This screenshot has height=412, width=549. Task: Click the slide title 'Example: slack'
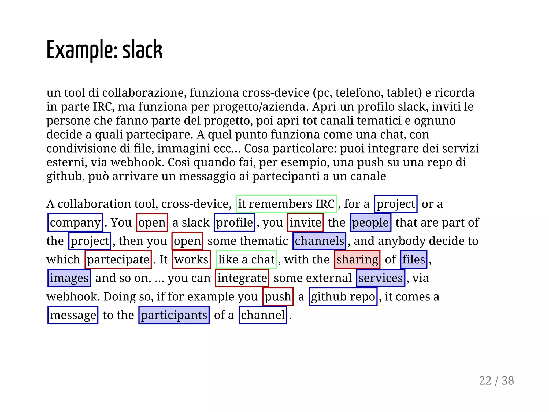click(104, 50)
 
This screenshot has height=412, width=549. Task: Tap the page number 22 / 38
click(496, 381)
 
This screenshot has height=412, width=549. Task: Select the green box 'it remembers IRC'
click(286, 204)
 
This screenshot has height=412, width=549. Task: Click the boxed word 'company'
click(75, 222)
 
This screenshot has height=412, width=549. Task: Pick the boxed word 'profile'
click(234, 222)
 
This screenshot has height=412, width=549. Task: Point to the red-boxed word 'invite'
click(305, 222)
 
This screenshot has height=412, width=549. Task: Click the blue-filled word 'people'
click(370, 222)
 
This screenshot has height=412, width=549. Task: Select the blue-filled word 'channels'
click(319, 241)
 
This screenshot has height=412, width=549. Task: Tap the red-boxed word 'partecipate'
click(118, 259)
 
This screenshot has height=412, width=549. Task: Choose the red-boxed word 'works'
click(191, 259)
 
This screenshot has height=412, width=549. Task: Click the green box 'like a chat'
click(246, 259)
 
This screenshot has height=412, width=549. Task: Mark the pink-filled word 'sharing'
click(357, 259)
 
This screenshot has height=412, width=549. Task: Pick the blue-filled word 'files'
click(414, 259)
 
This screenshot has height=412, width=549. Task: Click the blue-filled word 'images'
click(69, 278)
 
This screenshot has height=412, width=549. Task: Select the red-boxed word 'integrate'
click(242, 278)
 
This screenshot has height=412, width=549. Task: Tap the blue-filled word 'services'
click(381, 278)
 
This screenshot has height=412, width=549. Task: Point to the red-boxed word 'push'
click(278, 296)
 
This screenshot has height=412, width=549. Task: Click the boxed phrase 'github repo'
click(343, 296)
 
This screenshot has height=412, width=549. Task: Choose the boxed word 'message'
click(73, 315)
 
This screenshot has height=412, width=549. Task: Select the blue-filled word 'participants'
click(174, 315)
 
